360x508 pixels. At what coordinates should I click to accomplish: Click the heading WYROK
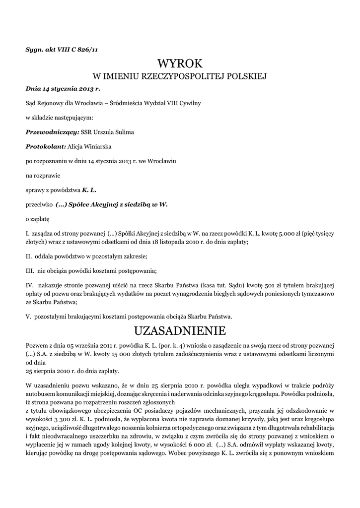pos(180,63)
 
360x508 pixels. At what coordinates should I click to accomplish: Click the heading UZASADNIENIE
pos(180,330)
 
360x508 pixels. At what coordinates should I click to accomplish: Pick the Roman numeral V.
pos(28,316)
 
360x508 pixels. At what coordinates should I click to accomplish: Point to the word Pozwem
pos(37,345)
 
